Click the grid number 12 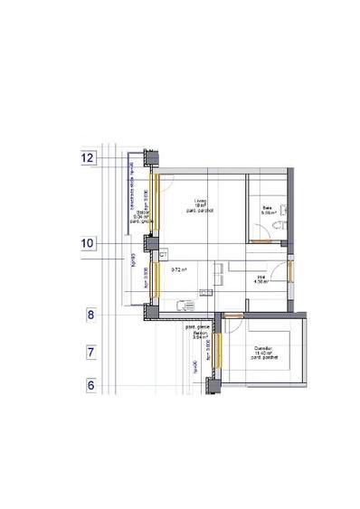tap(88, 157)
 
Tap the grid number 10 tap(88, 242)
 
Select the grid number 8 tap(90, 316)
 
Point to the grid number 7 tap(90, 351)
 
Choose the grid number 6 tap(90, 385)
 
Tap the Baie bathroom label tap(267, 210)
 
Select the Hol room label tap(261, 279)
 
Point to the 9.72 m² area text tap(178, 269)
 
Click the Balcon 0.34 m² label tap(142, 216)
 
